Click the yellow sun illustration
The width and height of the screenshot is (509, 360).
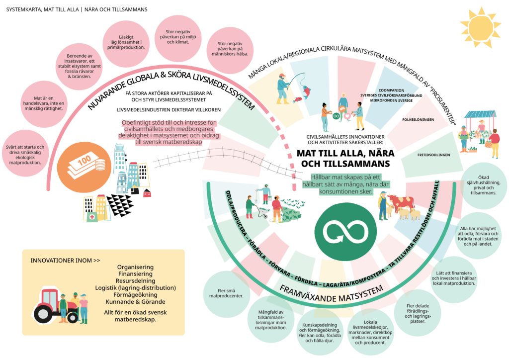click(480, 27)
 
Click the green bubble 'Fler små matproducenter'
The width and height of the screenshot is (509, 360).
click(226, 292)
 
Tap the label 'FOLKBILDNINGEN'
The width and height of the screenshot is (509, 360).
click(418, 120)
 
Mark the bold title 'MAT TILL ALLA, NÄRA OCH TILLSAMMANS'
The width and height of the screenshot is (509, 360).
click(342, 158)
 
